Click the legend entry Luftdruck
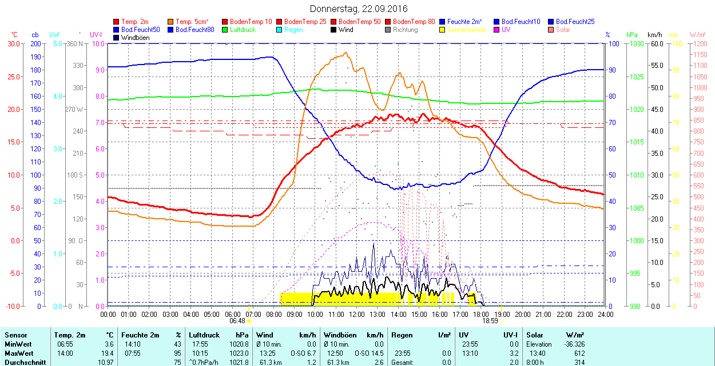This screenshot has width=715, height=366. click(243, 30)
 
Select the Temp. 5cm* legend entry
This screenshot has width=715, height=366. click(192, 22)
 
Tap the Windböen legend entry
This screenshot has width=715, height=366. click(135, 38)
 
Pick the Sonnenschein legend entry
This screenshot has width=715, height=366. click(467, 30)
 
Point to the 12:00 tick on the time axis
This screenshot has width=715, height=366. click(357, 314)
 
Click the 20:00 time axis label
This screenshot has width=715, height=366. click(523, 314)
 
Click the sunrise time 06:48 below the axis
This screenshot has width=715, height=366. click(237, 321)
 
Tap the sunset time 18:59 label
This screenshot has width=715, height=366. click(490, 321)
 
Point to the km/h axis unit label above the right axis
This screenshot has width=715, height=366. click(655, 34)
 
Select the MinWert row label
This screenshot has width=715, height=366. click(18, 344)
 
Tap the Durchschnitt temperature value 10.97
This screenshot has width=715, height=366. click(105, 363)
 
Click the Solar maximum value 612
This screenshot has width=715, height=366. click(579, 353)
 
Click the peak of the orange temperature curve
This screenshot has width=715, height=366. click(345, 53)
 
